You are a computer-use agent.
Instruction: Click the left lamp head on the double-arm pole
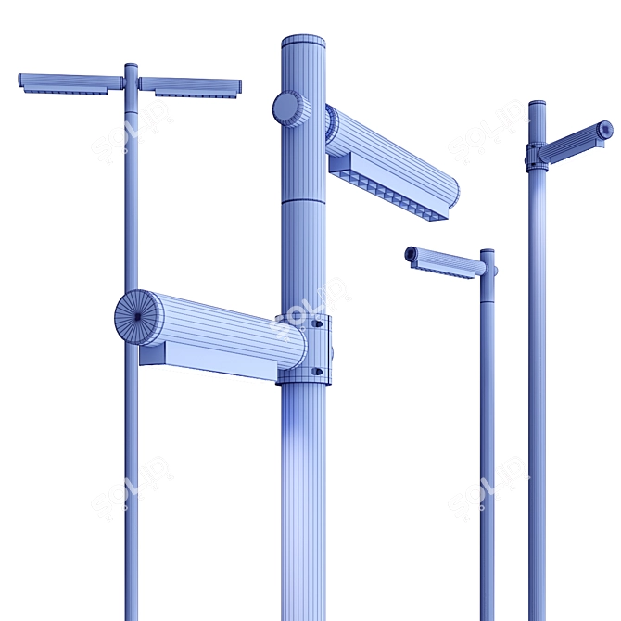coord(70,82)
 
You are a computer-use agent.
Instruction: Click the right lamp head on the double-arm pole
coord(190,86)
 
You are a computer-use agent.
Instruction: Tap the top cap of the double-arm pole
coord(131,67)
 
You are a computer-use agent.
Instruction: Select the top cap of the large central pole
coord(303,42)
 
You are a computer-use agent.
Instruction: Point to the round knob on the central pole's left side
coord(289,108)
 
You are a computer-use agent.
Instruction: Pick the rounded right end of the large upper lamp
coord(451,192)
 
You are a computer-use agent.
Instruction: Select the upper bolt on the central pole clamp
coord(318,324)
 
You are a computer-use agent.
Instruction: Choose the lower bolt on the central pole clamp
coord(317,371)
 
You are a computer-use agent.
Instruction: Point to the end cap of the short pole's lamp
coord(411,253)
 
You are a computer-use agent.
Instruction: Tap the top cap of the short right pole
coord(487,251)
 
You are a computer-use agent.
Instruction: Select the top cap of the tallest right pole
coord(537,104)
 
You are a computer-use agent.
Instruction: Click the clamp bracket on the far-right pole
coord(535,157)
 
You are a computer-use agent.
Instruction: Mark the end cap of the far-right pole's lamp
coord(604,130)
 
